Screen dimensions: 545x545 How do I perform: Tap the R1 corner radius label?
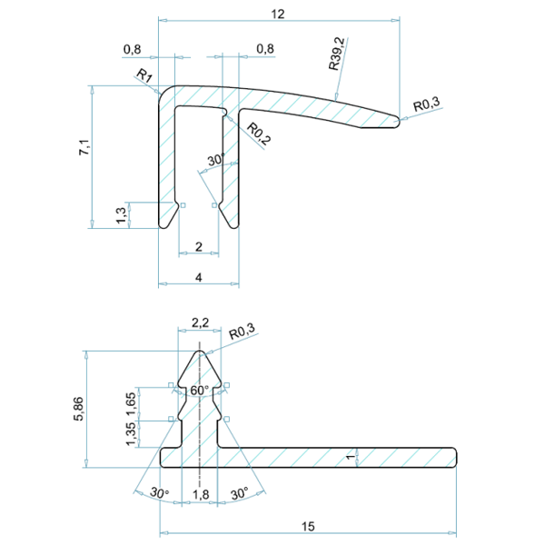144,74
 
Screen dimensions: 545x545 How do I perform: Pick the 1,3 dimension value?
122,214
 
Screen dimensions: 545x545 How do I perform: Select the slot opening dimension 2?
199,246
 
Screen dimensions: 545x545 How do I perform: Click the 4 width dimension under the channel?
199,277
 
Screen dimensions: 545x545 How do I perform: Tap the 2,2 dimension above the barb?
200,322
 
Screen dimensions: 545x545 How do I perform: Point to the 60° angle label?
200,391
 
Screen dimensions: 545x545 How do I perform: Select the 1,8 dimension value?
200,494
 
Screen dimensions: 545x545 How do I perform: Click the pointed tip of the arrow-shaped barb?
200,351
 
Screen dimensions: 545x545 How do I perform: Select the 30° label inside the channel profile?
214,161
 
